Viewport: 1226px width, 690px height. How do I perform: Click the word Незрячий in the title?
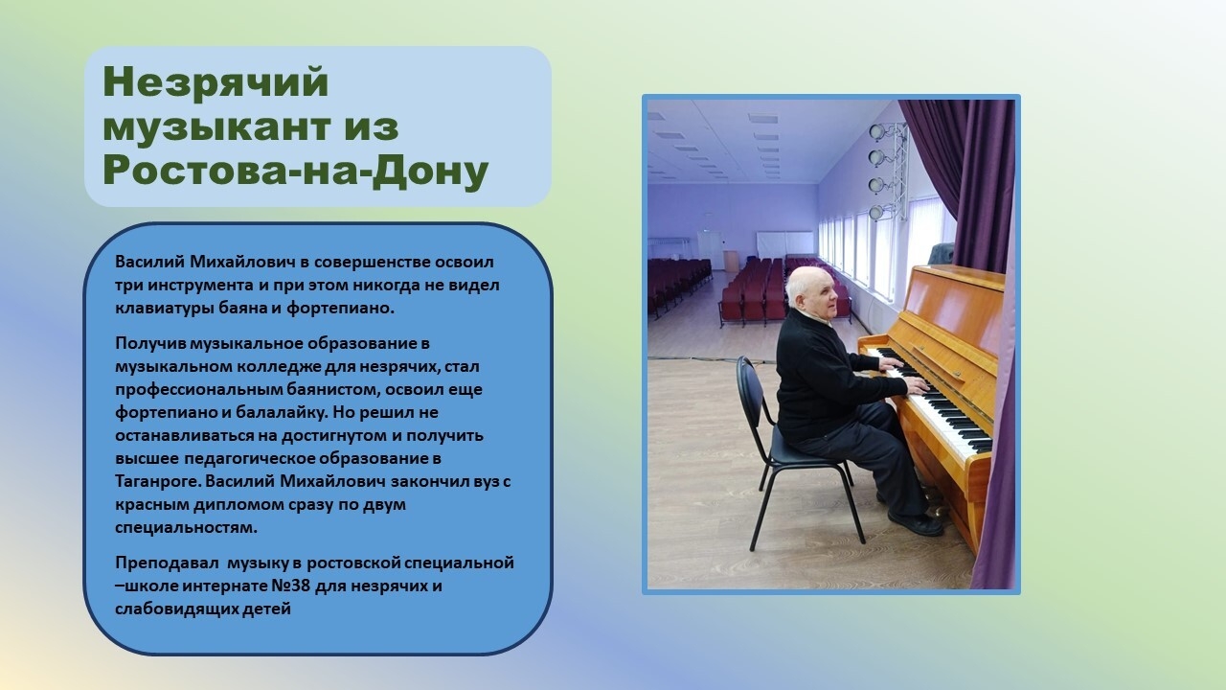pos(216,82)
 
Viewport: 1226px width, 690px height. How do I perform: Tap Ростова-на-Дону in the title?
pos(296,172)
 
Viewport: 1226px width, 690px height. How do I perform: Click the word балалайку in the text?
pos(281,412)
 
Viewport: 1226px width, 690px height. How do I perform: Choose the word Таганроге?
pos(159,482)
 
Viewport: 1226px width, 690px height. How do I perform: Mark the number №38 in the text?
pos(291,586)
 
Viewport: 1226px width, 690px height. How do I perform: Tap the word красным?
pos(152,504)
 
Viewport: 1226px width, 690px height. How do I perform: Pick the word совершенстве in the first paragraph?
pos(373,262)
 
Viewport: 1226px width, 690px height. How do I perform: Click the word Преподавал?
pos(168,563)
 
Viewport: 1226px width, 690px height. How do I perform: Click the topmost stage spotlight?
pos(876,132)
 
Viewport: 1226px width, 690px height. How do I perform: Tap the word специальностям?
pos(186,528)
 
